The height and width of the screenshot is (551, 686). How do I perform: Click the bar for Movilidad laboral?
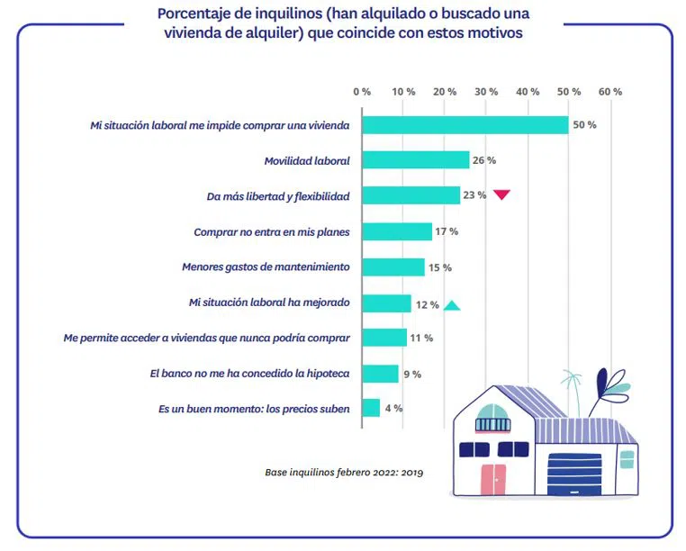[415, 160]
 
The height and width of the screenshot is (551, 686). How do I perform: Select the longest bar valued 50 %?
[465, 124]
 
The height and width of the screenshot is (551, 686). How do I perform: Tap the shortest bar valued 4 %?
[371, 408]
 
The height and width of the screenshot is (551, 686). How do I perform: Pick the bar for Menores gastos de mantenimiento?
[393, 267]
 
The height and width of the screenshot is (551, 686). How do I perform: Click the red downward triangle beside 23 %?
[501, 194]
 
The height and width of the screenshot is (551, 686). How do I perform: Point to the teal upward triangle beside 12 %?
[452, 305]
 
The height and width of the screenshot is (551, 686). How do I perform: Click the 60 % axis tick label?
[610, 92]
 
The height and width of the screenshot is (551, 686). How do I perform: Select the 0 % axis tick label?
[362, 92]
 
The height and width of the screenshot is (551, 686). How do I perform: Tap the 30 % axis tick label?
[486, 92]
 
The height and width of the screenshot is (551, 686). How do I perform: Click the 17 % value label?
[447, 231]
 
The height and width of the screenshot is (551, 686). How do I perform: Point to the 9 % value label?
[411, 374]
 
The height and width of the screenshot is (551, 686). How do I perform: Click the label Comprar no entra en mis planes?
[271, 231]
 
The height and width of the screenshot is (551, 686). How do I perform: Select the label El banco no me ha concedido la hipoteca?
[249, 373]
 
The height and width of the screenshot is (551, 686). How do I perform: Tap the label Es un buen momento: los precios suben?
[254, 409]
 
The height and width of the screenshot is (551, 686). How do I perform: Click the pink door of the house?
[492, 481]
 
